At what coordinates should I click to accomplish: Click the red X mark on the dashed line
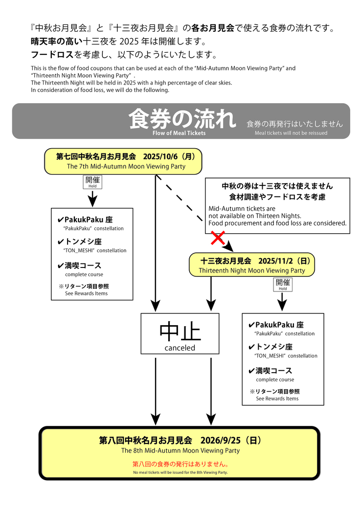218,238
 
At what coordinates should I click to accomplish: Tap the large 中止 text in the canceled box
180,332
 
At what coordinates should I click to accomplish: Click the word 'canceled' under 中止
180,348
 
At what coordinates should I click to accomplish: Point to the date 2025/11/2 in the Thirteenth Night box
275,261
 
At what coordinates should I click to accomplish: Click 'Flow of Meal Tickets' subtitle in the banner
179,133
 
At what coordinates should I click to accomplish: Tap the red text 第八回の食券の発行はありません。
180,464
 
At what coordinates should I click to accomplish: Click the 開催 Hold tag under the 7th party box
92,182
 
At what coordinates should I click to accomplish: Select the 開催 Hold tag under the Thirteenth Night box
283,285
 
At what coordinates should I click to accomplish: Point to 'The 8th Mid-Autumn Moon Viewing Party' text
180,451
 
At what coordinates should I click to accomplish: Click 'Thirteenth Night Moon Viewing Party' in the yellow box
251,270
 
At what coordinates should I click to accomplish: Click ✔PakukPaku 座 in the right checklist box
276,325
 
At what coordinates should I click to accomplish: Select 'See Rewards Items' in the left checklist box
86,293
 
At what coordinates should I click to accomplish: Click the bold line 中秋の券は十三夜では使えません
277,186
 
